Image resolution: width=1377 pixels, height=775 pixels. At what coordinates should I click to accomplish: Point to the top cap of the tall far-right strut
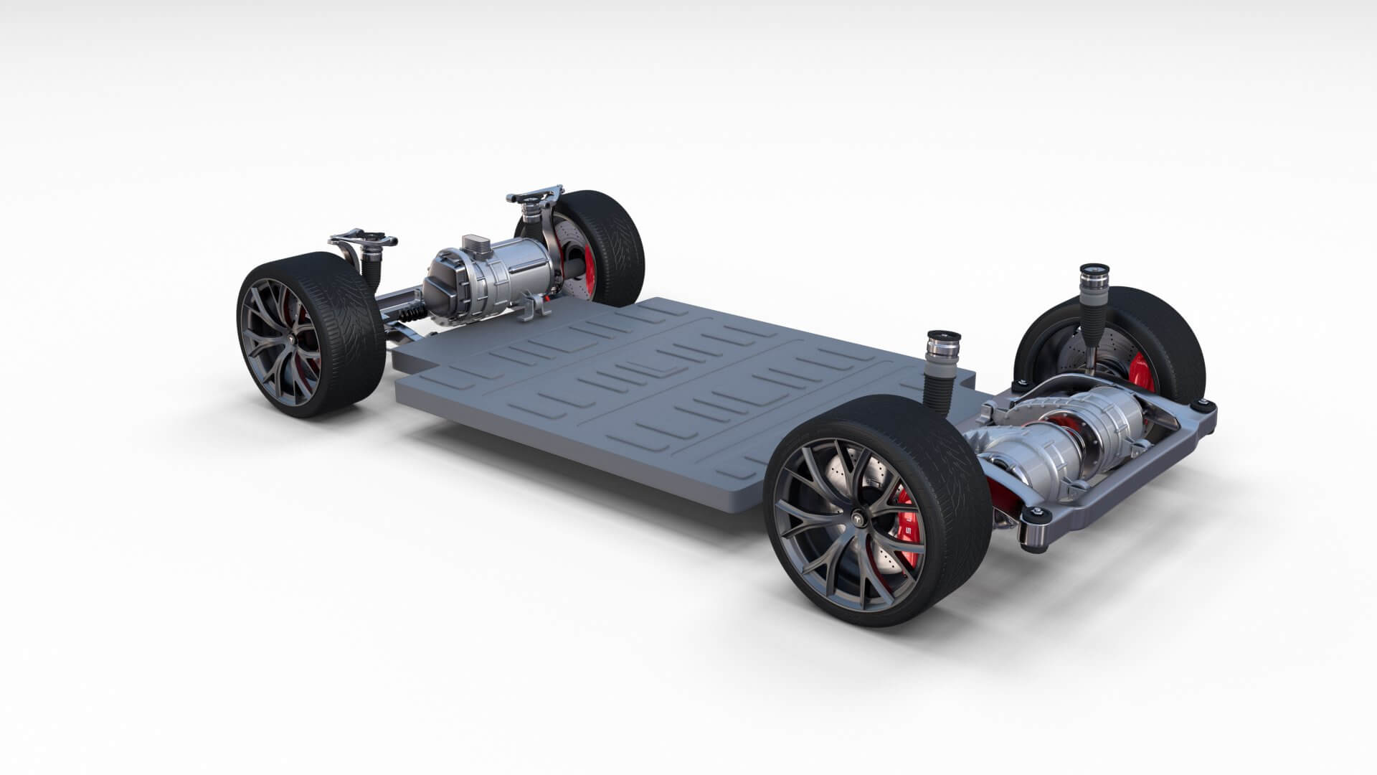tap(1092, 273)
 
